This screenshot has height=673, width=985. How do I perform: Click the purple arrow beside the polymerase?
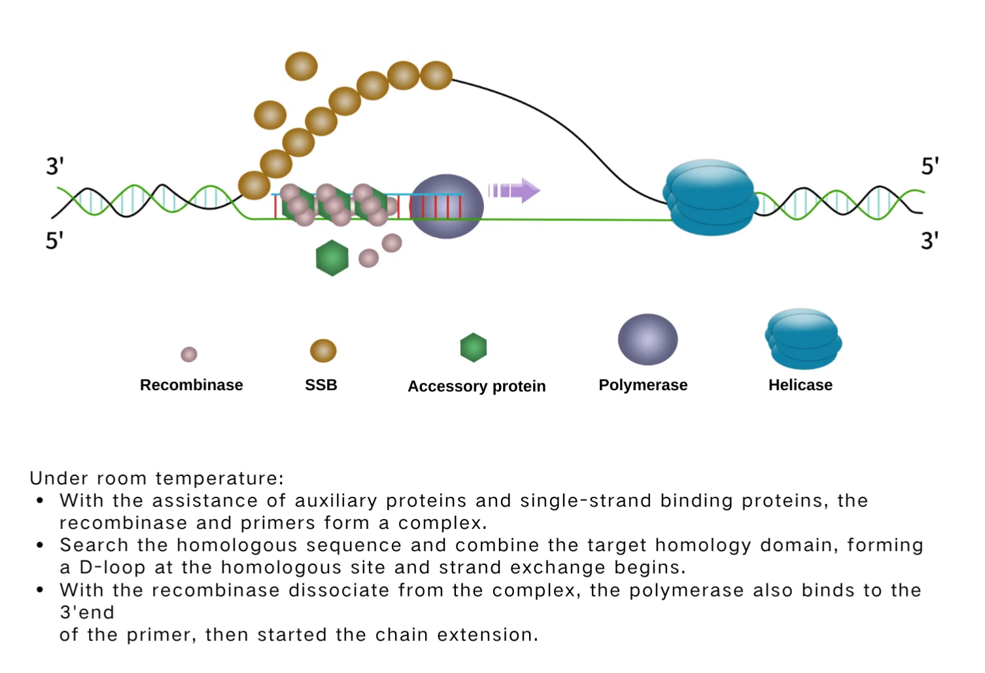(x=514, y=191)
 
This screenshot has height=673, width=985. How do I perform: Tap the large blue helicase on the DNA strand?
(x=710, y=197)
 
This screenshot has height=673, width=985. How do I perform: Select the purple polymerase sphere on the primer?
(x=447, y=206)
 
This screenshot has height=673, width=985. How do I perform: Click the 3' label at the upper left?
(x=55, y=166)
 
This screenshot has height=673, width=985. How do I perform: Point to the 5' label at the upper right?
(x=929, y=166)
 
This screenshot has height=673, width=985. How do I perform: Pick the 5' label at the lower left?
(x=54, y=240)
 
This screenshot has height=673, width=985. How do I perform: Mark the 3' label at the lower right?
(x=929, y=240)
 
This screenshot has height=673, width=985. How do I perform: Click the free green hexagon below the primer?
(x=332, y=258)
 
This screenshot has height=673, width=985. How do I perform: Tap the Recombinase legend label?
(x=191, y=385)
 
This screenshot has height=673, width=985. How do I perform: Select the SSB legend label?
(x=321, y=385)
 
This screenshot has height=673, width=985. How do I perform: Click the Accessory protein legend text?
(x=476, y=386)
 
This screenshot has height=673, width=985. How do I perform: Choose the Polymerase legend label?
(x=643, y=385)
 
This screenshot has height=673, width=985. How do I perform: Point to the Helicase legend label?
(x=800, y=385)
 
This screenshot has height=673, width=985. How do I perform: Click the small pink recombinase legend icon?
(x=189, y=354)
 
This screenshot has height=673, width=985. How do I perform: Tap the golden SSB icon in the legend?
(x=323, y=351)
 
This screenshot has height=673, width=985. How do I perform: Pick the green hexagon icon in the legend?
(x=474, y=348)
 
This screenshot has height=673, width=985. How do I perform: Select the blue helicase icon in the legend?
(x=803, y=339)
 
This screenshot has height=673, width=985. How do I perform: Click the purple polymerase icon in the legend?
(x=648, y=339)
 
